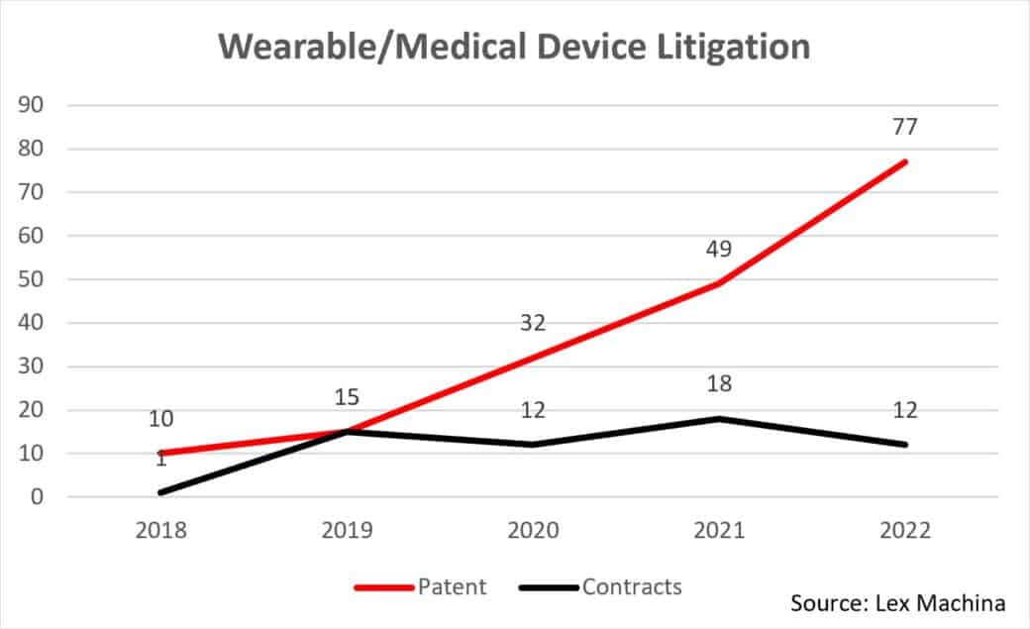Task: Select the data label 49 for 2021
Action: [x=719, y=248]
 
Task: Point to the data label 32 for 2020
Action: [x=533, y=322]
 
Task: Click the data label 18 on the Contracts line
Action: [x=719, y=384]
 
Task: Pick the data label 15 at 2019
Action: [x=347, y=397]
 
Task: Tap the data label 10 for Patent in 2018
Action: [x=161, y=419]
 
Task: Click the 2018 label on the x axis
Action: [x=161, y=532]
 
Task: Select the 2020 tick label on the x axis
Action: [x=533, y=532]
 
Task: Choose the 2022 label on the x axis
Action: [x=904, y=532]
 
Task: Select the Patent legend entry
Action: [x=421, y=586]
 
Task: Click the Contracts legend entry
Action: [x=600, y=586]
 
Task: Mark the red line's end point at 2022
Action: [x=904, y=161]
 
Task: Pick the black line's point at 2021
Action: [x=719, y=419]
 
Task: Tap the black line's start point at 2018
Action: [x=161, y=492]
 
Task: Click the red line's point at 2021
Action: [x=719, y=283]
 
